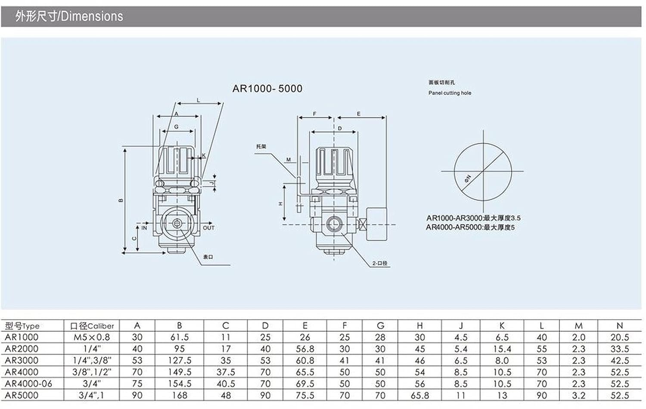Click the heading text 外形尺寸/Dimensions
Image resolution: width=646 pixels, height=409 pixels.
click(69, 16)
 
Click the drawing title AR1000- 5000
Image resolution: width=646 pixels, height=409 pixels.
click(267, 89)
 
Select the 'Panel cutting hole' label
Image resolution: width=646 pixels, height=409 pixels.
click(450, 93)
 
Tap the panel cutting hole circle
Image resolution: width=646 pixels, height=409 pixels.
click(483, 171)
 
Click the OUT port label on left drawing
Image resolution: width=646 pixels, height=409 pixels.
click(208, 228)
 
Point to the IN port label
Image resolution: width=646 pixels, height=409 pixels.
click(144, 228)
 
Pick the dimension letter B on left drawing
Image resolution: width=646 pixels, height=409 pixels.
click(121, 200)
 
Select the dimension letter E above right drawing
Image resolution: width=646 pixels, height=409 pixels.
click(358, 114)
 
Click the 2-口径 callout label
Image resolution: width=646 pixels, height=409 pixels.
click(380, 263)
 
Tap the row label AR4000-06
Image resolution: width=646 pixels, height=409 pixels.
click(28, 384)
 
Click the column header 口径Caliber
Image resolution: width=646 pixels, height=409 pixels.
click(92, 326)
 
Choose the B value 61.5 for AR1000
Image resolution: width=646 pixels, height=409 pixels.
click(179, 338)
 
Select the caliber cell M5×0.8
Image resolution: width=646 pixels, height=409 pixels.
click(92, 338)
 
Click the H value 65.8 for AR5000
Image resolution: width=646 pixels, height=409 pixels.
click(419, 395)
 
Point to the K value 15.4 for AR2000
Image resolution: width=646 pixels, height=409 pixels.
click(502, 349)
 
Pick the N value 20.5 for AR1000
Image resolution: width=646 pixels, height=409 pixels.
click(619, 338)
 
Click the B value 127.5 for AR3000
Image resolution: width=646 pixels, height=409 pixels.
click(179, 361)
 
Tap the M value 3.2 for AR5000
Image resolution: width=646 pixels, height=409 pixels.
click(578, 395)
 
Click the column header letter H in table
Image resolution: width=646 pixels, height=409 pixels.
click(419, 326)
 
